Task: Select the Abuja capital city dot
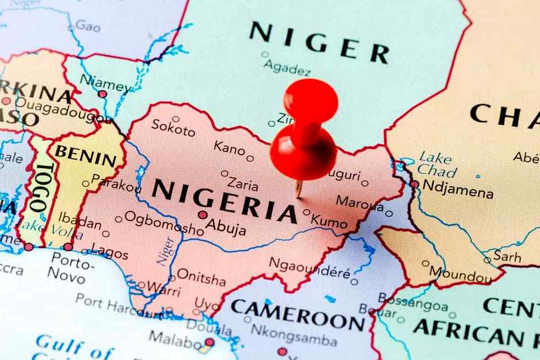click(202, 215)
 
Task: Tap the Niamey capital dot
click(102, 94)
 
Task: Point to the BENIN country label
click(85, 155)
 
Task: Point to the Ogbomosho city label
click(164, 223)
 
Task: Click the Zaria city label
click(242, 184)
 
